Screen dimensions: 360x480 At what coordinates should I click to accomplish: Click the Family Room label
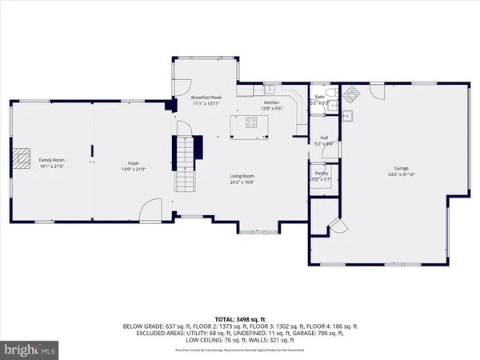(52, 161)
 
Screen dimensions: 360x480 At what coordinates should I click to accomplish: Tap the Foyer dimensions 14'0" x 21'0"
(130, 168)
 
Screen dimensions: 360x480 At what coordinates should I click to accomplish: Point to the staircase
(186, 164)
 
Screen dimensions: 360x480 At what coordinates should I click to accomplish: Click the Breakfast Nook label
(206, 97)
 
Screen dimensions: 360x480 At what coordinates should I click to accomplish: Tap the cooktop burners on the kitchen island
(250, 123)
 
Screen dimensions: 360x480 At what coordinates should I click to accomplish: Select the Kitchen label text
(272, 102)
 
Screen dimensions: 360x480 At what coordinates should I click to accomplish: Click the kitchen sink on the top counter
(271, 87)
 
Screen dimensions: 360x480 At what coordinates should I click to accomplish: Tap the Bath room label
(319, 97)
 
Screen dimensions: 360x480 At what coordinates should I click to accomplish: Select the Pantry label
(321, 173)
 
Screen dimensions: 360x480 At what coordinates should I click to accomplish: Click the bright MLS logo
(30, 350)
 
